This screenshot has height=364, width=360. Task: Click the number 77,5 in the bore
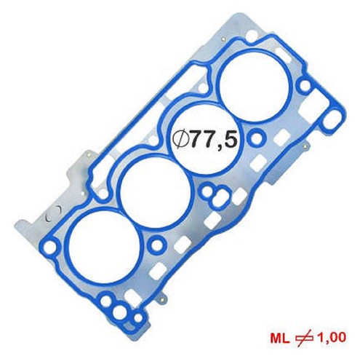[212, 140]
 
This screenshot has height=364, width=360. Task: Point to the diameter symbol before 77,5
[180, 140]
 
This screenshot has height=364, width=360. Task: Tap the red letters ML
[280, 338]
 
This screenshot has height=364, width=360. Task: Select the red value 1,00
[331, 337]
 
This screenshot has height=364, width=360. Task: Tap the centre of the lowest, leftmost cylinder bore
[101, 245]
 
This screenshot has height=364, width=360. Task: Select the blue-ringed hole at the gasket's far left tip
[50, 246]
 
